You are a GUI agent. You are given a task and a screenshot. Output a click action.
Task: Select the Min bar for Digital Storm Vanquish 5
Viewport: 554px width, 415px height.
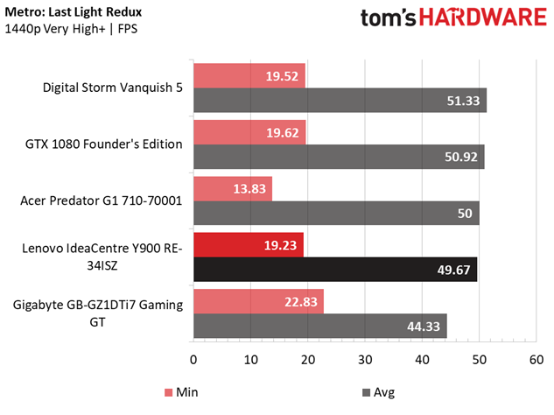coord(249,75)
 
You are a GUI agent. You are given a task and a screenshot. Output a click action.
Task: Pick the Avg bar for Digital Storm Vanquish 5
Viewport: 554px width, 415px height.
coord(340,100)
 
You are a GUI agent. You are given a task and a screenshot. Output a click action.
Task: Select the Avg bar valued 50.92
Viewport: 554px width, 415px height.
coord(339,157)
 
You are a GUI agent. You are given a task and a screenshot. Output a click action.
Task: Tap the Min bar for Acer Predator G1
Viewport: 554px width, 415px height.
coord(233,189)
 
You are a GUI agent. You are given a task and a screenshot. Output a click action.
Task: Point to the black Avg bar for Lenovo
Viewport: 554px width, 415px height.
coord(335,269)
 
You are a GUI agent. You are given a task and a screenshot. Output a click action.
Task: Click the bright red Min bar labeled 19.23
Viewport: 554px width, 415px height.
coord(249,245)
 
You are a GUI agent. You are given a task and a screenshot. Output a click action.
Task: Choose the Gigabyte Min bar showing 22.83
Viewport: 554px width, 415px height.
coord(258,302)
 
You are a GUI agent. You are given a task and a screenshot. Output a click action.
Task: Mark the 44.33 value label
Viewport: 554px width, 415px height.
coord(424,327)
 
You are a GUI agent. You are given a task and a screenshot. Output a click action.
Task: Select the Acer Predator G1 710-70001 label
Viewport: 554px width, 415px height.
coord(101,200)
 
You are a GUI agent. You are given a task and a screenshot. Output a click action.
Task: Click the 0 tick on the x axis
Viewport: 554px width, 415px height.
coord(193,359)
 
